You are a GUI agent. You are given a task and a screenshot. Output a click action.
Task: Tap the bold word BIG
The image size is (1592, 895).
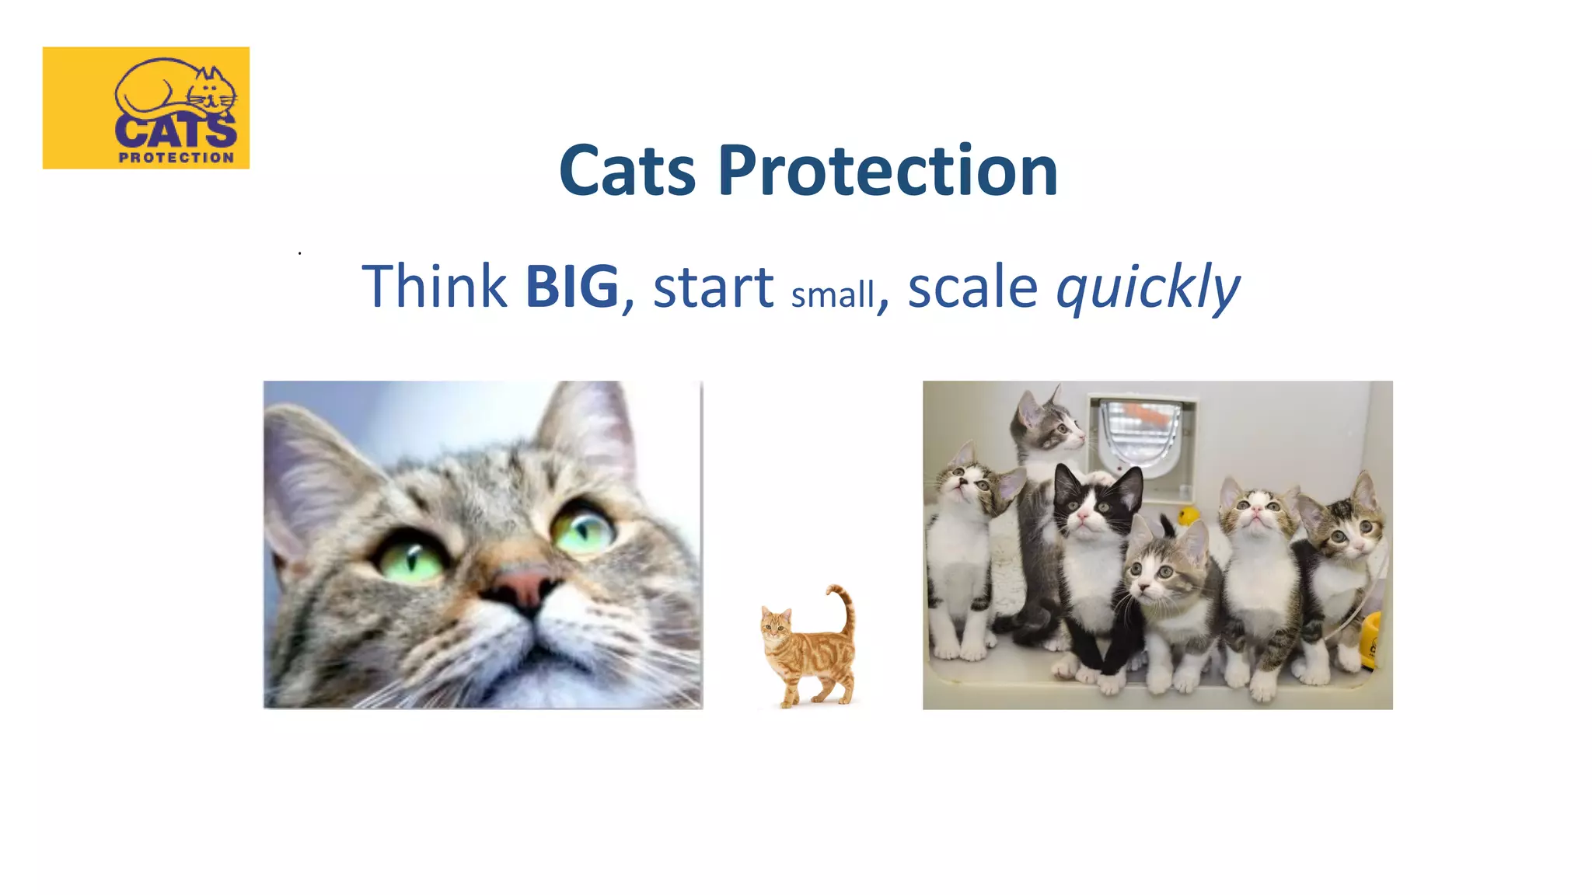pos(572,287)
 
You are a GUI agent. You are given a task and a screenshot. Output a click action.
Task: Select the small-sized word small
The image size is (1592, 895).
pos(833,295)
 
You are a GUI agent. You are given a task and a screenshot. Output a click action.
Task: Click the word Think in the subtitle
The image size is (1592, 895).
pos(435,286)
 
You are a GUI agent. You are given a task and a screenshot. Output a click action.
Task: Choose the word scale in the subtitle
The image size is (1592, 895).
pos(972,287)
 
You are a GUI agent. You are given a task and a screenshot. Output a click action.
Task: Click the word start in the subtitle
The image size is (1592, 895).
pos(713,287)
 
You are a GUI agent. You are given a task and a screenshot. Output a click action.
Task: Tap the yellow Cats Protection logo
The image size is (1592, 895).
pos(146,107)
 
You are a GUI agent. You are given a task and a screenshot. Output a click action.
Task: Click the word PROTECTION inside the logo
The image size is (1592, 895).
pos(176,158)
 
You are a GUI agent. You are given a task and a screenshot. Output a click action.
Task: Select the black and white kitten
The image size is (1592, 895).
pos(1094,544)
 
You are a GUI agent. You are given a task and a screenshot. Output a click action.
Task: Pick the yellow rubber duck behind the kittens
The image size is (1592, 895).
pos(1187,516)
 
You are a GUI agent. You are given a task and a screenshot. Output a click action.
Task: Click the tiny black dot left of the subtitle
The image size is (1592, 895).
pos(299,253)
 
